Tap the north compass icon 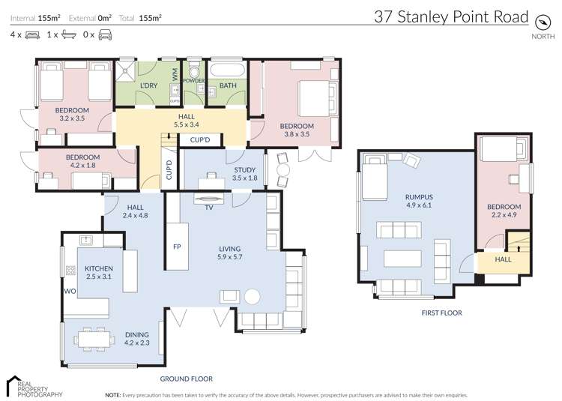[x=542, y=19]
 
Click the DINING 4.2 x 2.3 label [x=137, y=338]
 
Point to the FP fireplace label [x=178, y=247]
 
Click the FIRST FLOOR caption [x=441, y=313]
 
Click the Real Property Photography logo [x=34, y=385]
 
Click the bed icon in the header [x=31, y=34]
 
